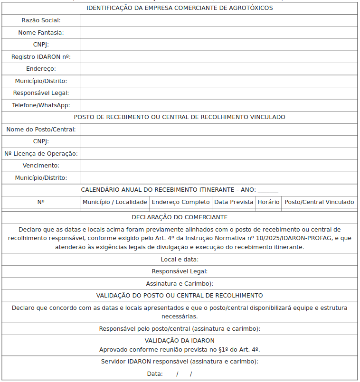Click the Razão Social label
(x=41, y=20)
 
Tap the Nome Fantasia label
(x=41, y=33)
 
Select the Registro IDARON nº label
(x=41, y=57)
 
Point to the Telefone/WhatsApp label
(x=41, y=105)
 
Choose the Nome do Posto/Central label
(x=41, y=130)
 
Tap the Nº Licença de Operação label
(x=41, y=154)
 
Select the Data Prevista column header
(x=234, y=202)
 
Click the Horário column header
(x=268, y=202)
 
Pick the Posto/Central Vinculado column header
(x=319, y=202)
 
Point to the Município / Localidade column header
(x=115, y=202)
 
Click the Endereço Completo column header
(x=180, y=202)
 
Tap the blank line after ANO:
(x=268, y=190)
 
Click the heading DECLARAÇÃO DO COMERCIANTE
(x=180, y=217)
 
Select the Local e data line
(x=180, y=260)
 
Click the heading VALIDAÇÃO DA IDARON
(x=180, y=341)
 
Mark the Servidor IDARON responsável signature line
(x=180, y=362)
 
